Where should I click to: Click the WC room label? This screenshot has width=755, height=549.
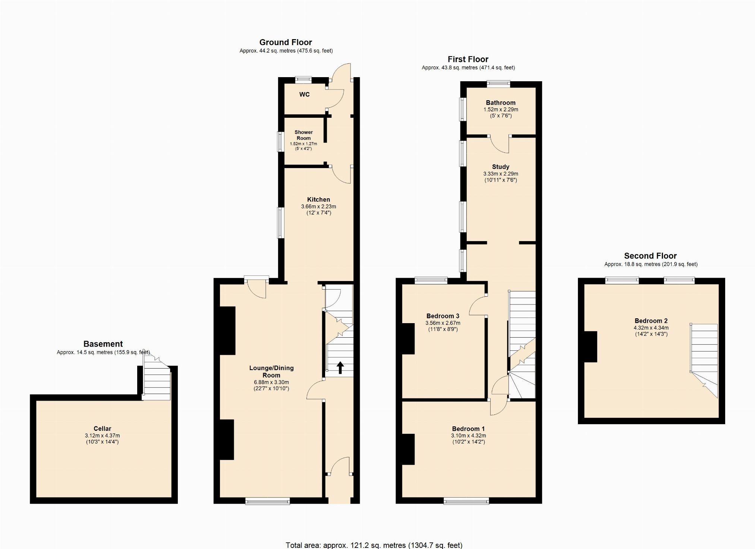(304, 95)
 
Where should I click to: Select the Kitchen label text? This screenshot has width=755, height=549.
(318, 199)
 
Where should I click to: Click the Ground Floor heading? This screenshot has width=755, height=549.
(286, 42)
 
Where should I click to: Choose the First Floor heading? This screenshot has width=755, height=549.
(468, 59)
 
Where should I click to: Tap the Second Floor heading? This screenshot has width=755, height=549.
(650, 256)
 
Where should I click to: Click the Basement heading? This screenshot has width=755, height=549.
(103, 344)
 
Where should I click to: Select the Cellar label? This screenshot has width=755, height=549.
(102, 429)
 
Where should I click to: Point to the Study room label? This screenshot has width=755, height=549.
(500, 167)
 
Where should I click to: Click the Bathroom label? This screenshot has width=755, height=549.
(500, 103)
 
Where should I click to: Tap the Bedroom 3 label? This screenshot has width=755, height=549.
(443, 316)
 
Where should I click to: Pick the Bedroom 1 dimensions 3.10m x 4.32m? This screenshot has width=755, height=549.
(468, 435)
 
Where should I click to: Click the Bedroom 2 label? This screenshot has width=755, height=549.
(651, 321)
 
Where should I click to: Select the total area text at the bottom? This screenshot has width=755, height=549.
(374, 545)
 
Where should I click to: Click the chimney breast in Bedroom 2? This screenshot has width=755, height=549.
(590, 347)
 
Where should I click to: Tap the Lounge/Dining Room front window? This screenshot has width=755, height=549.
(267, 501)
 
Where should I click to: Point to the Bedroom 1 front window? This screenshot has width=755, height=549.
(466, 501)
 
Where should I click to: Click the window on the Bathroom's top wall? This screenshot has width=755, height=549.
(498, 84)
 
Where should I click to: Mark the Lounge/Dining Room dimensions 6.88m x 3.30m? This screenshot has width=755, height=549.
(271, 382)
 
